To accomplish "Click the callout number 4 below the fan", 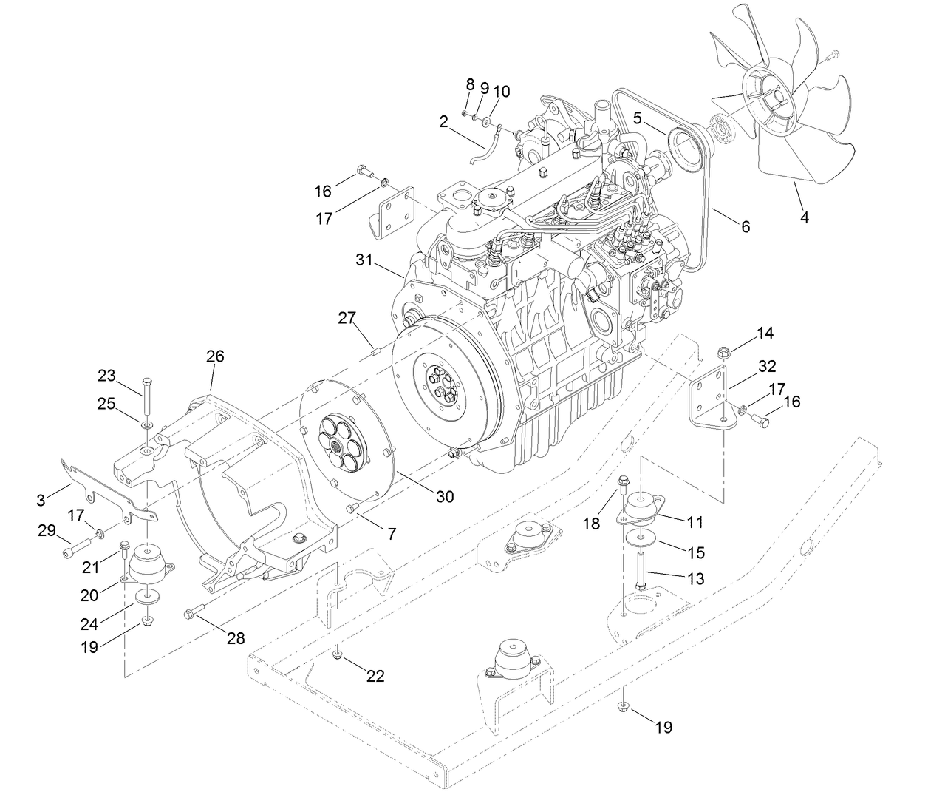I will pos(805,217).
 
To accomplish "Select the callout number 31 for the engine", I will pos(365,260).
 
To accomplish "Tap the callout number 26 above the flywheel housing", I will pos(215,356).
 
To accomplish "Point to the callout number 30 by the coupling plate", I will pos(445,497).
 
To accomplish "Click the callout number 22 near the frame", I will pos(375,676).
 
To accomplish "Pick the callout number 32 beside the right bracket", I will pos(767,365).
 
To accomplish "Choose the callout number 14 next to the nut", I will pos(765,334).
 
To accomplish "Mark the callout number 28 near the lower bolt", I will pos(236,638).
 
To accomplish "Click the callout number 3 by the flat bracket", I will pos(41,499).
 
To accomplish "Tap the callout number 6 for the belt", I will pos(746,227).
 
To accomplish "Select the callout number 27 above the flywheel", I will pos(347,318).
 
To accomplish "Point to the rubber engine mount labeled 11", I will pos(640,511).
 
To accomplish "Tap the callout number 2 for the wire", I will pos(443,121).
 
